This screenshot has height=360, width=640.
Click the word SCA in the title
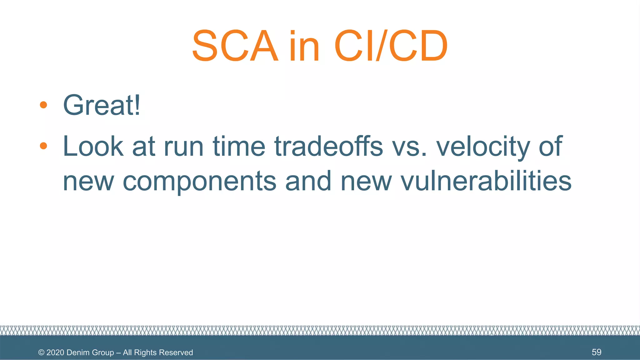tap(235, 46)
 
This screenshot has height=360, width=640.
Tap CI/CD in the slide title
tap(391, 46)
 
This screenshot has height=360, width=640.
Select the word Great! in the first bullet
tap(102, 105)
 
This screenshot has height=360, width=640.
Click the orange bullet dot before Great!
tap(43, 105)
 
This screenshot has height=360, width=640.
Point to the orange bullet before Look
tap(43, 146)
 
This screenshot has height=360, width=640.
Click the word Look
tap(93, 146)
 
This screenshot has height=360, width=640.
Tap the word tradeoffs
tap(328, 146)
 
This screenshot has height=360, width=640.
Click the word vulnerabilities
tap(486, 181)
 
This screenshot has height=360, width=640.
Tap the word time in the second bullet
tap(239, 146)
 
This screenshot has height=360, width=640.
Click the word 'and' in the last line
tap(308, 181)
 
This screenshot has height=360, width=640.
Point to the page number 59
tap(596, 352)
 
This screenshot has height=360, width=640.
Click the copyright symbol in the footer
tap(41, 352)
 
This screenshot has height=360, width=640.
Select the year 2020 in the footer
tap(55, 352)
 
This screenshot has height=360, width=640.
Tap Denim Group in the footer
tap(90, 352)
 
